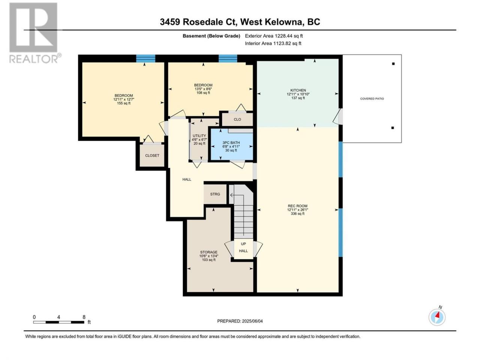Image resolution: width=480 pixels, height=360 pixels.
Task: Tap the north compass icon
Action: pyautogui.click(x=437, y=317)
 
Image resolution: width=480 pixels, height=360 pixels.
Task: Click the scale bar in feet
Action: pyautogui.click(x=58, y=322)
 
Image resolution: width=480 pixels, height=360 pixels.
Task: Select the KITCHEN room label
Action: pyautogui.click(x=298, y=90)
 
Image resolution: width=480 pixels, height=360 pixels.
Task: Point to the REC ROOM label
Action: pyautogui.click(x=298, y=205)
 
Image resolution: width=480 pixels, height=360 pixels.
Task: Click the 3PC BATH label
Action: pyautogui.click(x=231, y=142)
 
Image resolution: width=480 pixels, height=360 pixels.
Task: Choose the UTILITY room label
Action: pyautogui.click(x=199, y=136)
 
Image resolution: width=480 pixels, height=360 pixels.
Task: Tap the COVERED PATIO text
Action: pyautogui.click(x=372, y=99)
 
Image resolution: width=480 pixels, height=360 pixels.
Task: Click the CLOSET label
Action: pyautogui.click(x=152, y=155)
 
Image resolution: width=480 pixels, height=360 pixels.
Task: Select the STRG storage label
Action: pyautogui.click(x=215, y=194)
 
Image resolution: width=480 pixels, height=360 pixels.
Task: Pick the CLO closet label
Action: pyautogui.click(x=237, y=119)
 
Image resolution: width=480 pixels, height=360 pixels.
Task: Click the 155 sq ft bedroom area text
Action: pyautogui.click(x=124, y=103)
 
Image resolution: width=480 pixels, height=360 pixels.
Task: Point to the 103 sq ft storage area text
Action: pyautogui.click(x=209, y=259)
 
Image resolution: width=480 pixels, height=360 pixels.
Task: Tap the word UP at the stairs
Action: pyautogui.click(x=243, y=244)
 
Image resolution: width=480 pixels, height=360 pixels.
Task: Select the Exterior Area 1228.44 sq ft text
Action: pyautogui.click(x=274, y=36)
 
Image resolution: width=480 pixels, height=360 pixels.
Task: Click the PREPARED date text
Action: pyautogui.click(x=240, y=321)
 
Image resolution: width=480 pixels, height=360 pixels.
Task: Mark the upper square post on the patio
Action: pyautogui.click(x=393, y=64)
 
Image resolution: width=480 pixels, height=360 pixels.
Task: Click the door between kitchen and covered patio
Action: pyautogui.click(x=338, y=117)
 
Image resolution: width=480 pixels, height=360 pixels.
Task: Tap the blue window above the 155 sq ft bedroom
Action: pyautogui.click(x=145, y=58)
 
